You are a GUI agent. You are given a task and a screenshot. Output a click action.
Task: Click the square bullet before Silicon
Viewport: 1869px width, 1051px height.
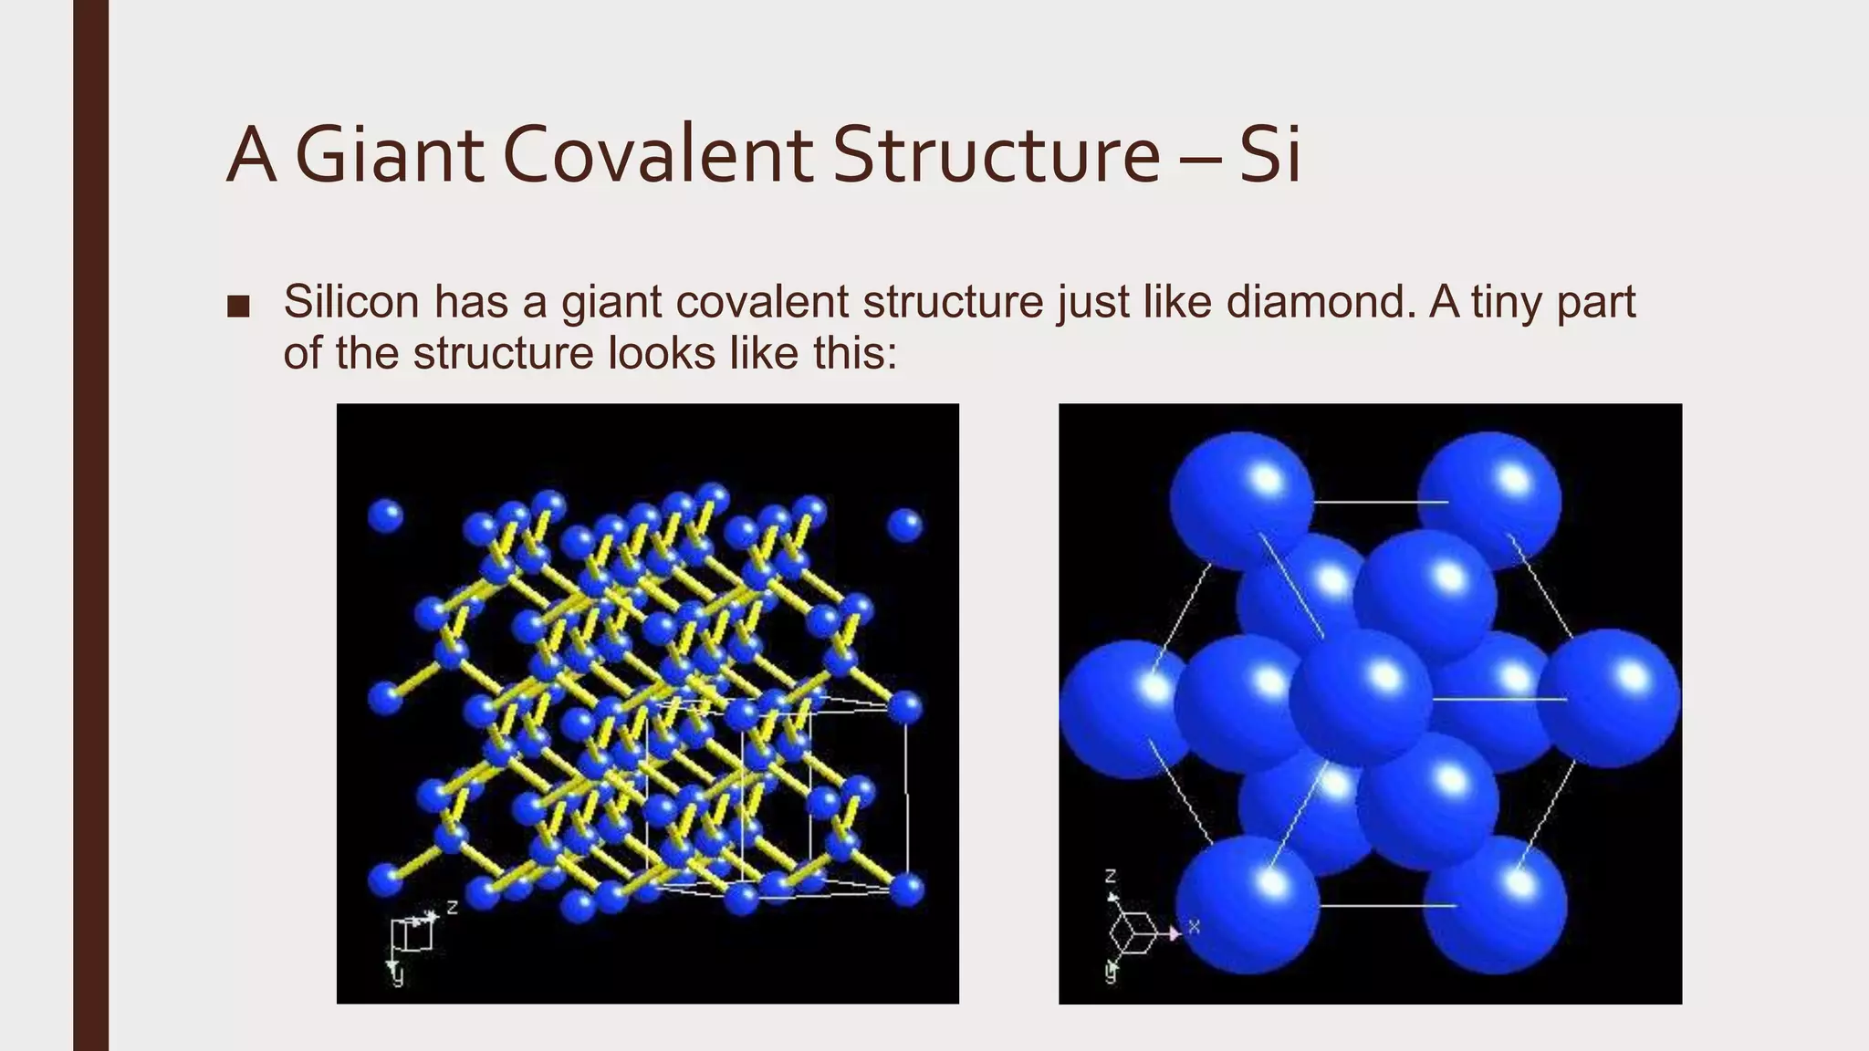click(238, 307)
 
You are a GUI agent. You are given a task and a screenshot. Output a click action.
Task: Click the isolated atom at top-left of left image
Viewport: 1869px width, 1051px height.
click(385, 516)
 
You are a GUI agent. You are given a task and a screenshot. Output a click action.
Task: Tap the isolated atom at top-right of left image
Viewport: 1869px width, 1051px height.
click(904, 525)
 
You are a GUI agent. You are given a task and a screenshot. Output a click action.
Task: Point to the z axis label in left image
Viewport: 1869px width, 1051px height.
click(452, 907)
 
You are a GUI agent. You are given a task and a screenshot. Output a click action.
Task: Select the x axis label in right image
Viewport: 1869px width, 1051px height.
click(1194, 928)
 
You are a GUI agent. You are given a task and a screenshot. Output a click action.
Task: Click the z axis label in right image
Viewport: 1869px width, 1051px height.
click(1111, 877)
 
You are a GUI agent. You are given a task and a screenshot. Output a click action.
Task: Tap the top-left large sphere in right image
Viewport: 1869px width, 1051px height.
click(1241, 499)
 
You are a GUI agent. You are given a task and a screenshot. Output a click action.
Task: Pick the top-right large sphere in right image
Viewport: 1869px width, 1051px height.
click(1489, 499)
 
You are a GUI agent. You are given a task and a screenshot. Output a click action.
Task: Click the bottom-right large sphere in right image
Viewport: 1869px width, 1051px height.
click(1495, 904)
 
